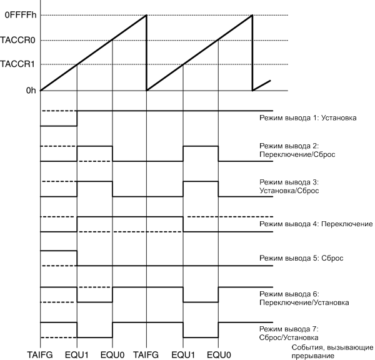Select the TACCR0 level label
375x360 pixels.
pyautogui.click(x=19, y=41)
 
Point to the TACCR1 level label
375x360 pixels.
pyautogui.click(x=19, y=64)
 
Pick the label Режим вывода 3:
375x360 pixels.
pyautogui.click(x=289, y=181)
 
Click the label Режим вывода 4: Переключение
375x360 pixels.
pyautogui.click(x=315, y=223)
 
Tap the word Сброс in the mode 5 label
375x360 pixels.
pyautogui.click(x=331, y=258)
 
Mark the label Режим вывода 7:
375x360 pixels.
pyautogui.click(x=289, y=329)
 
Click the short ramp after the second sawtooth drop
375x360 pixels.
pyautogui.click(x=262, y=85)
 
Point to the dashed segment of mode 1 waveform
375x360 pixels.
pyautogui.click(x=58, y=111)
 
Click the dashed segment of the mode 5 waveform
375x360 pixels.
pyautogui.click(x=58, y=266)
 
